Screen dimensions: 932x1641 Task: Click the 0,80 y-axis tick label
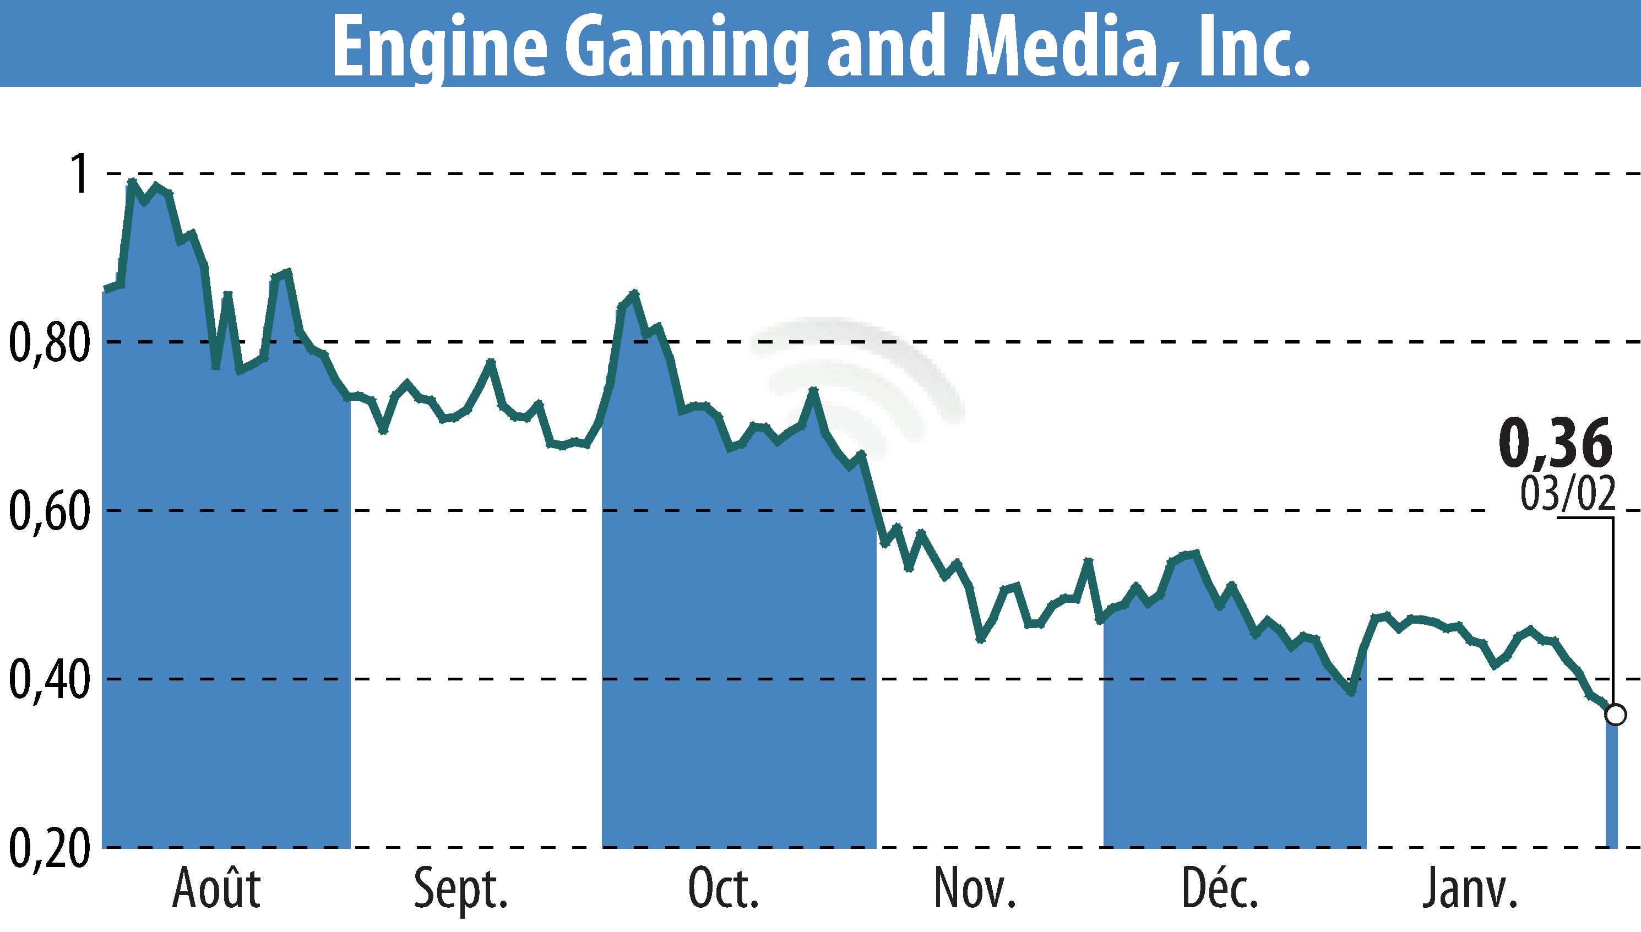[48, 343]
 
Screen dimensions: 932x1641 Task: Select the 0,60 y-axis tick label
[48, 511]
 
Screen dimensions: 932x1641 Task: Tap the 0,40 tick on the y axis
[48, 680]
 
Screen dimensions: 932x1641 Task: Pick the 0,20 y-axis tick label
[48, 849]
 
